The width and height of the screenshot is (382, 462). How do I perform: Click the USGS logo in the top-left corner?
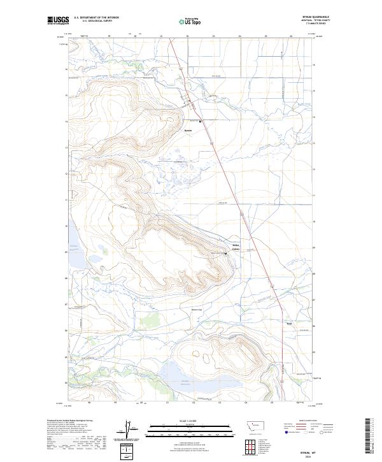click(x=59, y=20)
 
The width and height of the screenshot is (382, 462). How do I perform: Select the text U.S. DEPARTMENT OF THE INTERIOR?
click(x=96, y=17)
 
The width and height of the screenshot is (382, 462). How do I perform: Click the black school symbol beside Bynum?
click(x=201, y=121)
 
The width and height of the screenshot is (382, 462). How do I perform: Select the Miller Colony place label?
click(x=235, y=247)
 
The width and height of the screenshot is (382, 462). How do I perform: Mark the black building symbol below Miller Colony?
click(x=225, y=254)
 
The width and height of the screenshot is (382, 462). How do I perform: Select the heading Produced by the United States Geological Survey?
click(x=74, y=421)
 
